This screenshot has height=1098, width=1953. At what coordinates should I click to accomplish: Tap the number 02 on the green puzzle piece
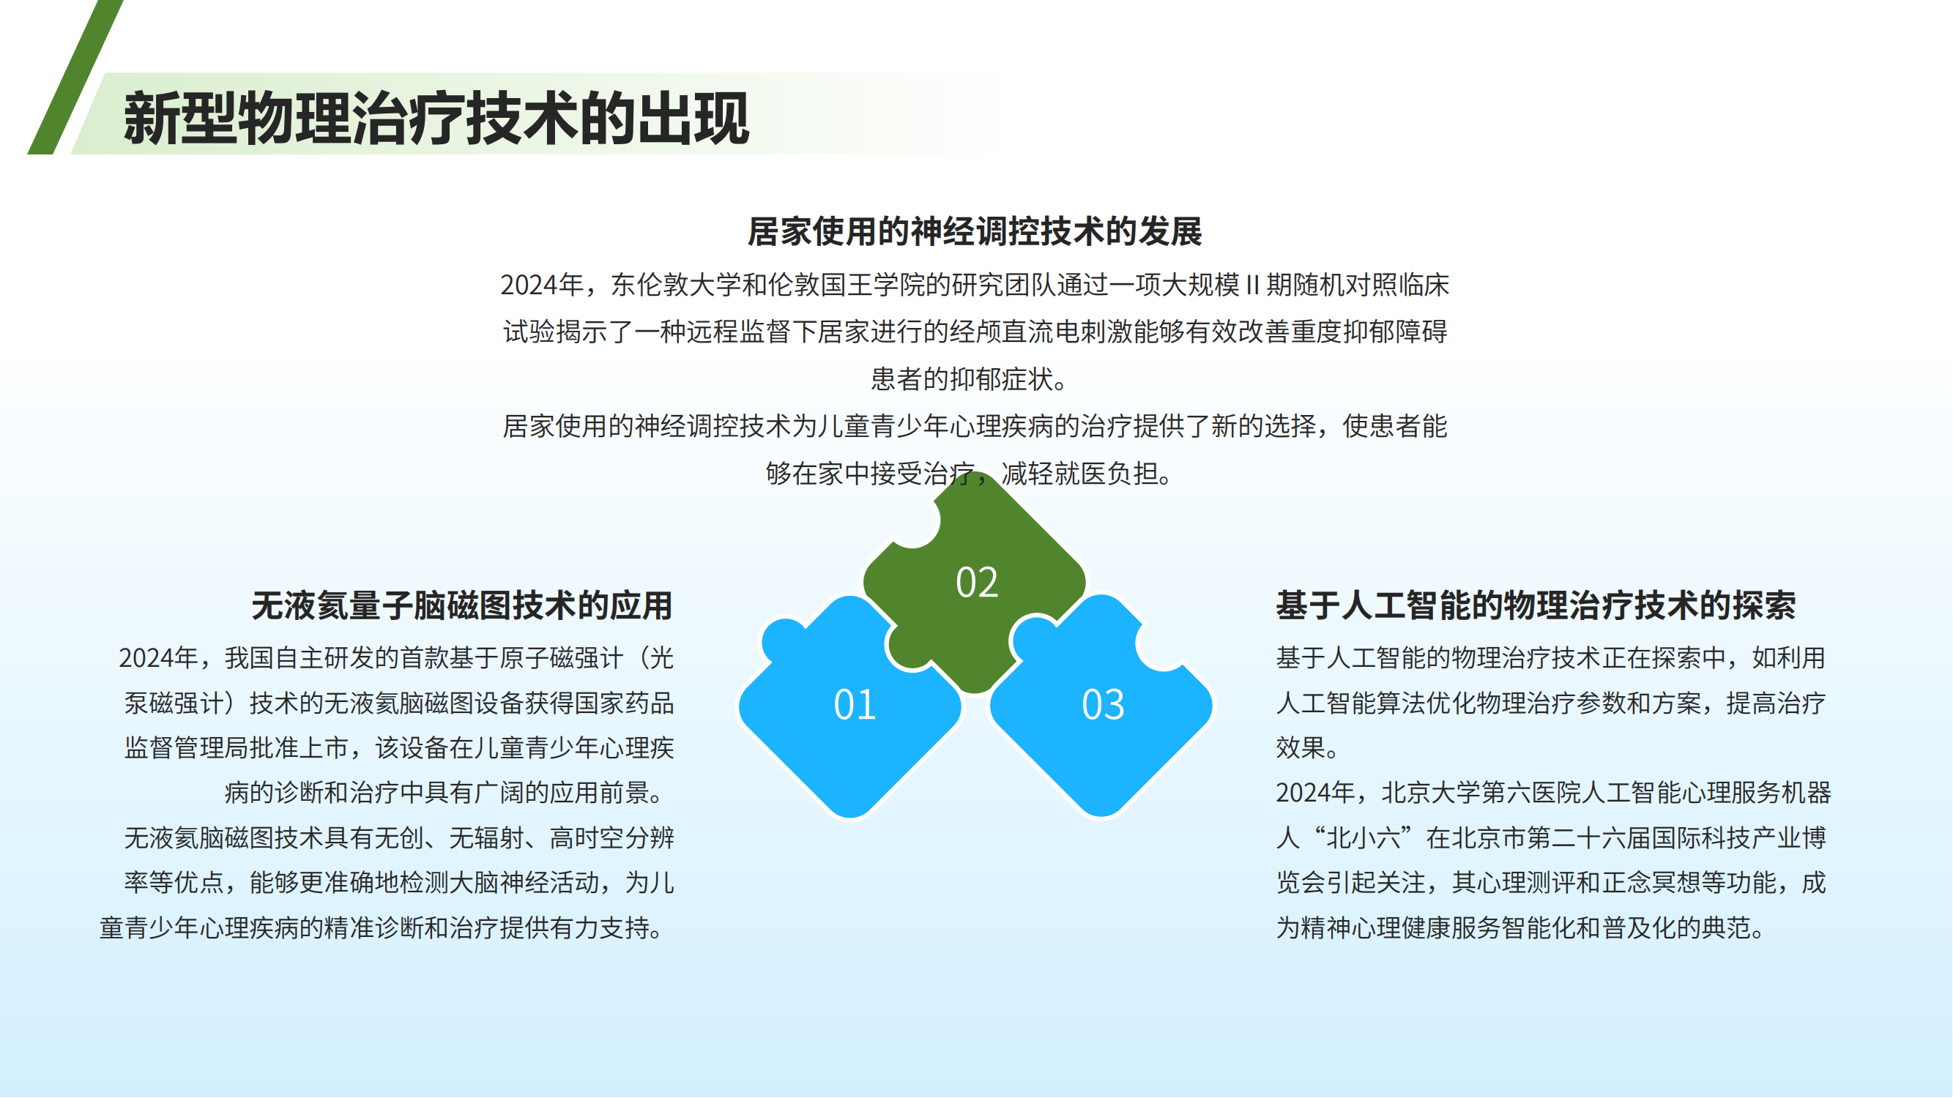click(x=977, y=582)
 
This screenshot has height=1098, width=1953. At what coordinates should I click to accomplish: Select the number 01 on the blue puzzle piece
click(x=855, y=704)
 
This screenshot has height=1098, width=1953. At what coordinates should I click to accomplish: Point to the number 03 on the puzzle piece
click(x=1103, y=704)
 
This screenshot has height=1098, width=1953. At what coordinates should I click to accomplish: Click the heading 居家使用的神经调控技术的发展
click(x=975, y=231)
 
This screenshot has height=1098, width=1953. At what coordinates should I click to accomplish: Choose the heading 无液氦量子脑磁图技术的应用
click(x=463, y=605)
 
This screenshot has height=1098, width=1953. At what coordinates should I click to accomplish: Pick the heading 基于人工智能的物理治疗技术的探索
click(x=1536, y=605)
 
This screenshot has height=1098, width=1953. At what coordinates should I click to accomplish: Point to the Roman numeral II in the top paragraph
click(x=1252, y=285)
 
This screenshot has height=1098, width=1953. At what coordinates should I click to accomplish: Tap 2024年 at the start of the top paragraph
click(x=540, y=285)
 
